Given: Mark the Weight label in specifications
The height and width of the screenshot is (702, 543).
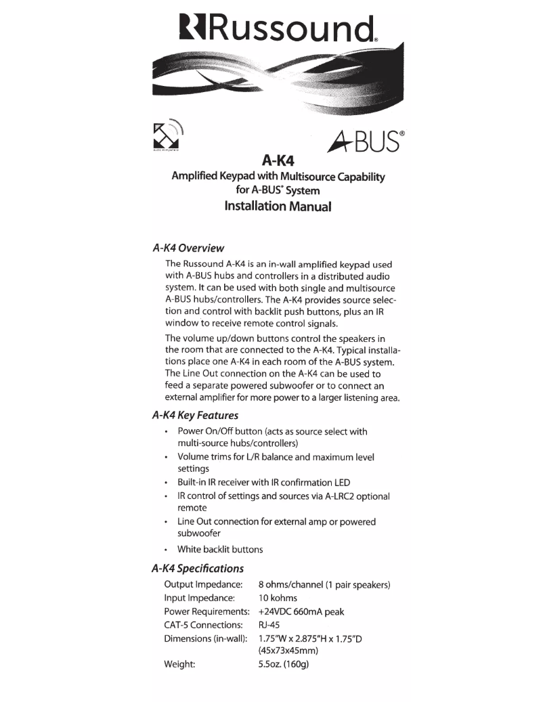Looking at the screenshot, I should (180, 665).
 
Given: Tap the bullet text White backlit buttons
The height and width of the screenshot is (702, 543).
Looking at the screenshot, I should (219, 549).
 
